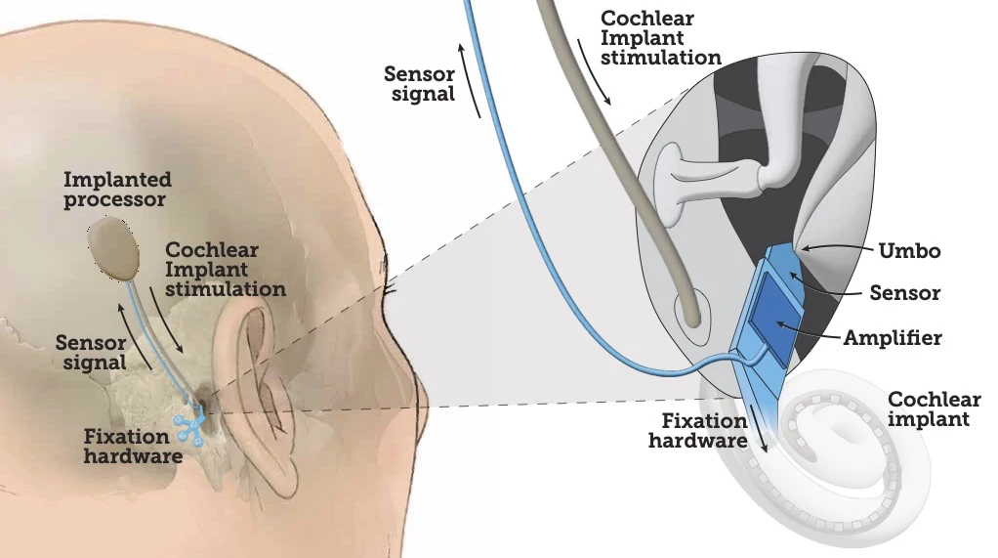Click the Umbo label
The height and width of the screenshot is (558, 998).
pos(908,251)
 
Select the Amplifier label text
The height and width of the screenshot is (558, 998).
pos(893,338)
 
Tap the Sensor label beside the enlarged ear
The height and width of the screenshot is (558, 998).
pos(903,293)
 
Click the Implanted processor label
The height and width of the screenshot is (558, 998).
pos(116,190)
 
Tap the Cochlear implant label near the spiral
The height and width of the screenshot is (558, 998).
pos(929,409)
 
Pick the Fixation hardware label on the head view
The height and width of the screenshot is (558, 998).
pos(133,447)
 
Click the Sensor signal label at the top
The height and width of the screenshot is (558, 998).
pos(420,84)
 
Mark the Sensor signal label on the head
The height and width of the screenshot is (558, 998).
pos(91,352)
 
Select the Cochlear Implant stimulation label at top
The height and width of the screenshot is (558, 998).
pos(660,38)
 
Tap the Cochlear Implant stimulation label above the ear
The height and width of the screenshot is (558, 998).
pos(226,270)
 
